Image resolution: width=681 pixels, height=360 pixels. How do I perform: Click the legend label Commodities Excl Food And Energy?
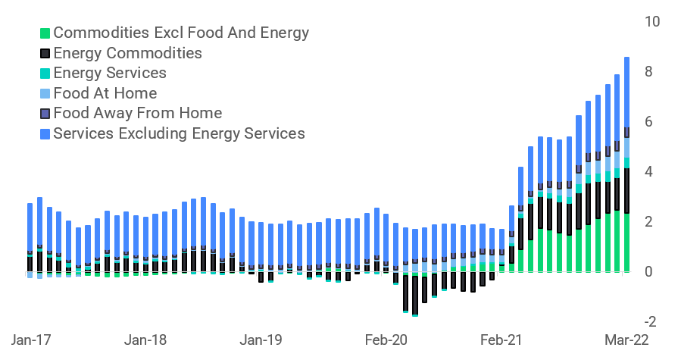[x=181, y=33]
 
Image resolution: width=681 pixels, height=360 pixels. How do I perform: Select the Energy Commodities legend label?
[x=127, y=53]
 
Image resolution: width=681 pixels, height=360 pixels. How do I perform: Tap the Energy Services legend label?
[x=110, y=74]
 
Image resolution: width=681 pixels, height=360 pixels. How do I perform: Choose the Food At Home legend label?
[x=105, y=93]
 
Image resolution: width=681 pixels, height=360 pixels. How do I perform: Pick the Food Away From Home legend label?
[x=137, y=114]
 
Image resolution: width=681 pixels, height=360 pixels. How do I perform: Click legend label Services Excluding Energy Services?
[x=179, y=133]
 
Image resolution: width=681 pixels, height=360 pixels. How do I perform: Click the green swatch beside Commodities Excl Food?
[x=45, y=33]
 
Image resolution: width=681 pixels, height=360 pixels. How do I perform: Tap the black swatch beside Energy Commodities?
[x=45, y=54]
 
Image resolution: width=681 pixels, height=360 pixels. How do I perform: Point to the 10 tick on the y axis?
[x=651, y=21]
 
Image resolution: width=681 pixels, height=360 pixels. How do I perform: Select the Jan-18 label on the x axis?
[x=145, y=340]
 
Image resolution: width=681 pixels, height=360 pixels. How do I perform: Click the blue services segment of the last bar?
[x=626, y=92]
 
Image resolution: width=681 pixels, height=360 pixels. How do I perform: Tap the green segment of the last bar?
[x=626, y=243]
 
